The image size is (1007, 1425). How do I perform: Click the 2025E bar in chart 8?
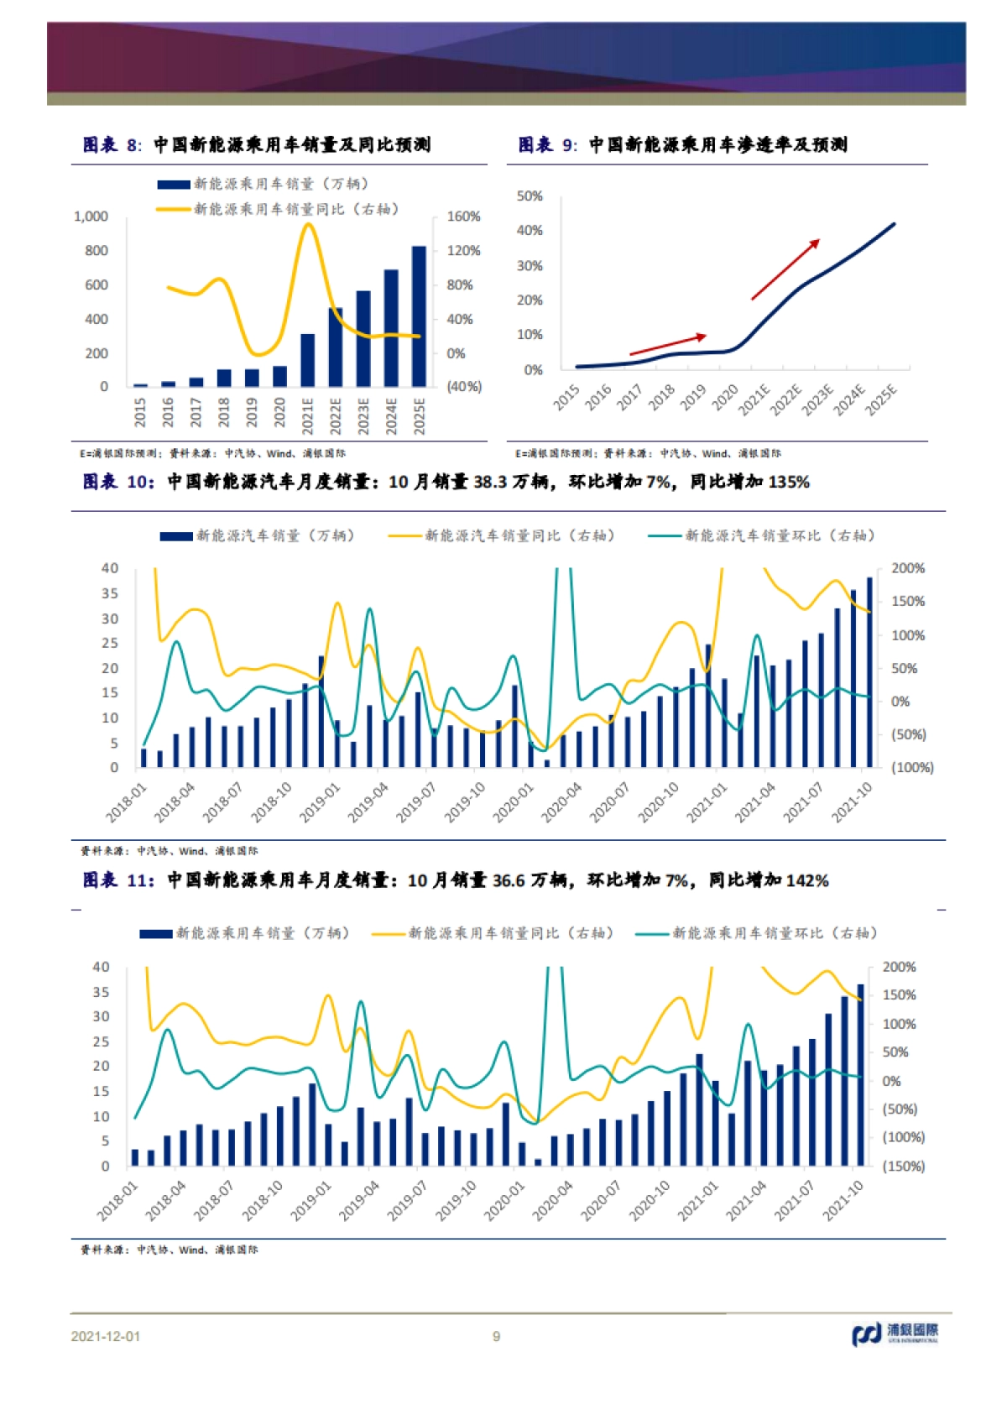click(419, 316)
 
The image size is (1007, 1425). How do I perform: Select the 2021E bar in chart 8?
click(308, 360)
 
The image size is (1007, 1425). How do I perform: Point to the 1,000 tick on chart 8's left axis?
click(91, 217)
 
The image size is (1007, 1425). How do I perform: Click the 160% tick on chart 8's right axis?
click(463, 217)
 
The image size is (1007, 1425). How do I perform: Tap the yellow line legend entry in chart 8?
click(277, 209)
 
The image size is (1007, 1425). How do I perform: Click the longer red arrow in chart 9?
click(785, 269)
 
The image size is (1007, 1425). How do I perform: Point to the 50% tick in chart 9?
click(530, 196)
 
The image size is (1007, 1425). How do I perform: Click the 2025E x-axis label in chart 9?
click(881, 399)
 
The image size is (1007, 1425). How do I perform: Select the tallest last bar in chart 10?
click(869, 671)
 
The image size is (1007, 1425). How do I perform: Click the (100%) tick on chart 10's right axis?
click(912, 767)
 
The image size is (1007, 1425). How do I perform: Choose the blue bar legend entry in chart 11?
click(243, 933)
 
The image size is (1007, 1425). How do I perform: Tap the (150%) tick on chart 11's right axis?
click(903, 1166)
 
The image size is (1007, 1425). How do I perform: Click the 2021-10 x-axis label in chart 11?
click(843, 1200)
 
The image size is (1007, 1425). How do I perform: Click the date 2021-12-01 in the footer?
click(106, 1336)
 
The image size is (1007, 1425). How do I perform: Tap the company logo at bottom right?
click(895, 1334)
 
